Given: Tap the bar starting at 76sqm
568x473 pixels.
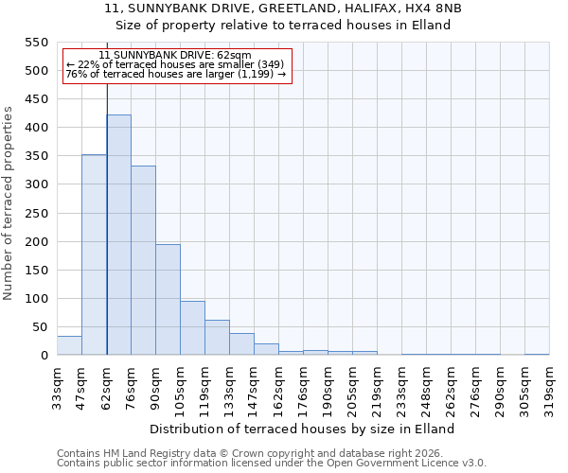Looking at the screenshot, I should pyautogui.click(x=143, y=260).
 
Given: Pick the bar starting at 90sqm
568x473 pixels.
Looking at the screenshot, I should pyautogui.click(x=168, y=300).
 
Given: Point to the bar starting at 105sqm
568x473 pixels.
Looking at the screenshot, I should pyautogui.click(x=192, y=328).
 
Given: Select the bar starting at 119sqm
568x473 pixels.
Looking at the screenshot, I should pyautogui.click(x=217, y=338).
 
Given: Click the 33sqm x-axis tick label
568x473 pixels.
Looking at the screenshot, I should pyautogui.click(x=58, y=386).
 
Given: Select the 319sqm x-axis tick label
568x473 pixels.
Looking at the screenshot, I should pyautogui.click(x=549, y=386).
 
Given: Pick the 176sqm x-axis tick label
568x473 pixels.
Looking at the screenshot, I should pyautogui.click(x=303, y=386).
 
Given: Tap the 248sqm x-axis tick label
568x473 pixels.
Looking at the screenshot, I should pyautogui.click(x=426, y=386).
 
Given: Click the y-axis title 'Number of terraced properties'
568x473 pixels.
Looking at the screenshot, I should pyautogui.click(x=9, y=202).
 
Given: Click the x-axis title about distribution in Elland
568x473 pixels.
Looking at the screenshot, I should pyautogui.click(x=302, y=429).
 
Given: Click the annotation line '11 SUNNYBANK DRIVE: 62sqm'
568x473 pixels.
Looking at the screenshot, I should pyautogui.click(x=175, y=56).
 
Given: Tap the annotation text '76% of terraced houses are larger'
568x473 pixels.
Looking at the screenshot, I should pyautogui.click(x=175, y=74).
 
